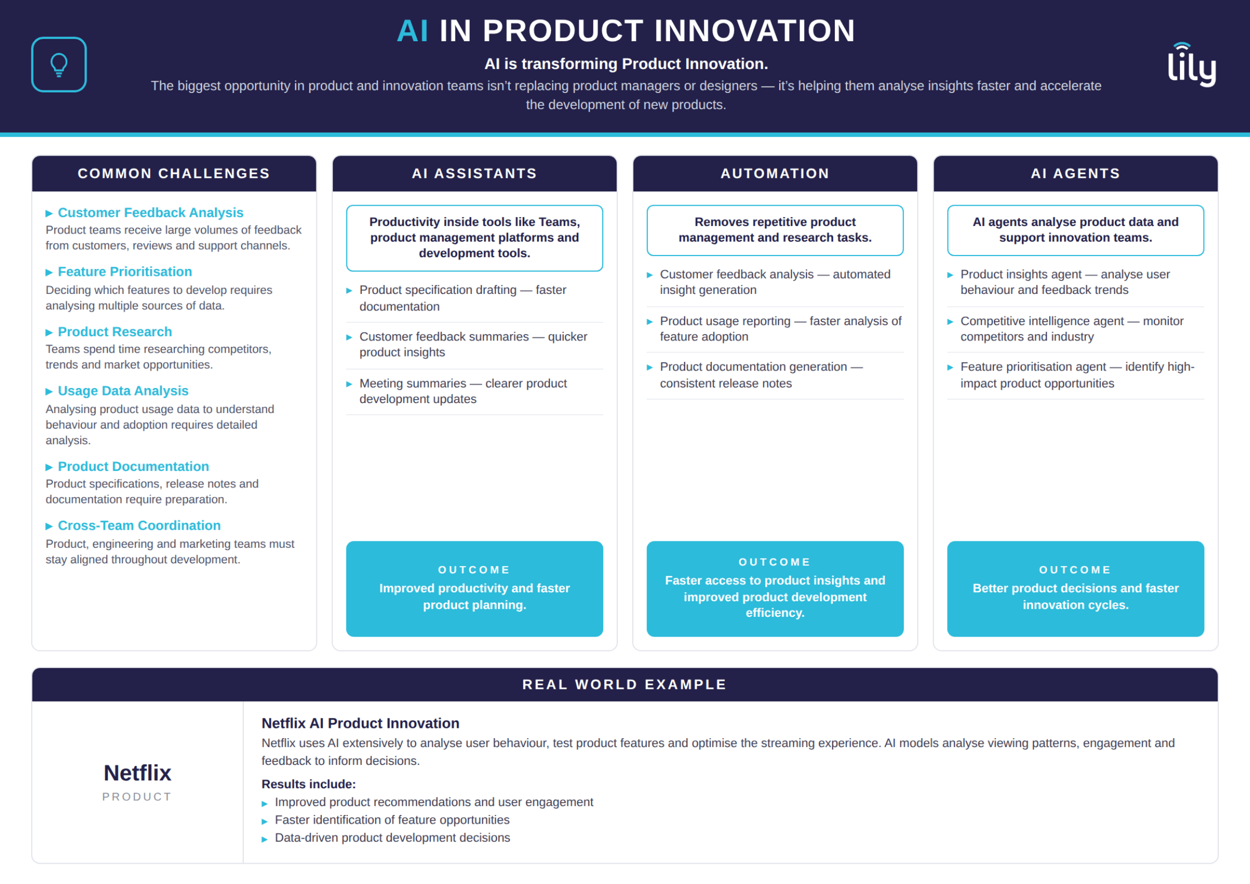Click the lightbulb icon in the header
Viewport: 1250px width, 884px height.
click(59, 64)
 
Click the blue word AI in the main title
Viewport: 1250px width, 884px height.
click(412, 30)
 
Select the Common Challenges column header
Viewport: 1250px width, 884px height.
click(174, 174)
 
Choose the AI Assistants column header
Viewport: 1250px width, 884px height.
click(474, 174)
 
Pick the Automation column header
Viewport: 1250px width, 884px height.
click(775, 174)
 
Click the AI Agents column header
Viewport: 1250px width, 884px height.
click(1075, 174)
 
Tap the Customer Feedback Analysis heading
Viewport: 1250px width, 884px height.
click(150, 212)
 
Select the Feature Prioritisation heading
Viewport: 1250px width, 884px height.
click(125, 272)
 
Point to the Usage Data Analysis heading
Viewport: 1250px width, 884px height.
click(123, 391)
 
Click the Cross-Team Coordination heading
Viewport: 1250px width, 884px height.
click(139, 525)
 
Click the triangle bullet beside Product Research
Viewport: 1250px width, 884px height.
click(49, 332)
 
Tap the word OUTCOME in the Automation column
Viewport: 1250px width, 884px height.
click(775, 562)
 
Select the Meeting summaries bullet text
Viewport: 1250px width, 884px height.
click(463, 391)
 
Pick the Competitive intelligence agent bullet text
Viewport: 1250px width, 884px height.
click(1072, 329)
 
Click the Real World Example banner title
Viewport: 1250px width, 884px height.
click(624, 684)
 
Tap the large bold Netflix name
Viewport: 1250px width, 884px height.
click(137, 772)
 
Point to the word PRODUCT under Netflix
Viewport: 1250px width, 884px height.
click(137, 796)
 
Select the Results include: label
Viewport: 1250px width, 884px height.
click(308, 784)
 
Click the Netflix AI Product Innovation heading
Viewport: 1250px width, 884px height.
click(360, 723)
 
